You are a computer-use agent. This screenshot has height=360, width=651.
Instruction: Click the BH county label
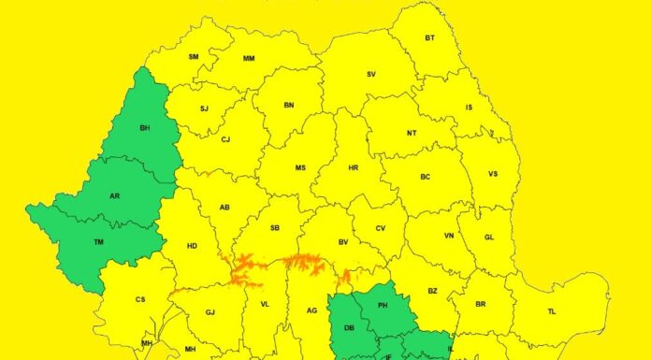tap(145, 128)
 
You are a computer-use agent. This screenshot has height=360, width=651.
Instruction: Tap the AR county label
tap(114, 196)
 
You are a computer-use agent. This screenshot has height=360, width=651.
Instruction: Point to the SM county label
tap(194, 57)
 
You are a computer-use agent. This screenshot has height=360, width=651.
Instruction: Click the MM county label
tap(249, 59)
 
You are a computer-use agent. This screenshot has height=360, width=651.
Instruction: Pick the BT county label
tap(430, 38)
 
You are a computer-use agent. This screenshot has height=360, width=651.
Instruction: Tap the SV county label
tap(371, 74)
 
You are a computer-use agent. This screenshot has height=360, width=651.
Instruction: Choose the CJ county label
tap(225, 140)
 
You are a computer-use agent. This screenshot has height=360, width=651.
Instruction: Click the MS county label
tap(300, 168)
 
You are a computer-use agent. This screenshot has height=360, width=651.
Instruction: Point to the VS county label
tap(493, 175)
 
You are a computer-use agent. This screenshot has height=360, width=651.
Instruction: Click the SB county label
tap(275, 228)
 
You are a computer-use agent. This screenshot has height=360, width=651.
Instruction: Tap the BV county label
tap(343, 242)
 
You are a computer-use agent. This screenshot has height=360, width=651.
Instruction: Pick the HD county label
tap(192, 247)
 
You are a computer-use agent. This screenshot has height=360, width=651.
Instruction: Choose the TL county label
tap(552, 311)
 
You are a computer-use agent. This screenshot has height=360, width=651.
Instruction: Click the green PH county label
tap(382, 306)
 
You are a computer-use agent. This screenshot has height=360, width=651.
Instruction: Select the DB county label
tap(349, 328)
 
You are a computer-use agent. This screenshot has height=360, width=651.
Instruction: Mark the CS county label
tap(140, 300)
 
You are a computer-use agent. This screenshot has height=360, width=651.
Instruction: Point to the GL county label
tap(489, 238)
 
